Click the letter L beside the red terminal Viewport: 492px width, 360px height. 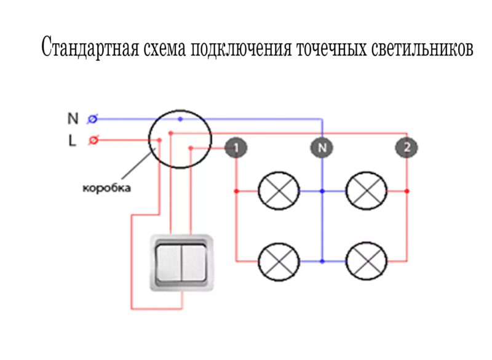(x=72, y=140)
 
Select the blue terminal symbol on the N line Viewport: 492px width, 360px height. (x=93, y=118)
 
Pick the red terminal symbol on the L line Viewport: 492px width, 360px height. (x=93, y=140)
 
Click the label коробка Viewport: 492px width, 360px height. (x=106, y=188)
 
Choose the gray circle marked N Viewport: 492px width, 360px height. (x=321, y=148)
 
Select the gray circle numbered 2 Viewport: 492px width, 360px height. (x=407, y=148)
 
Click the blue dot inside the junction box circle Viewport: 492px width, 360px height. (x=180, y=118)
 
